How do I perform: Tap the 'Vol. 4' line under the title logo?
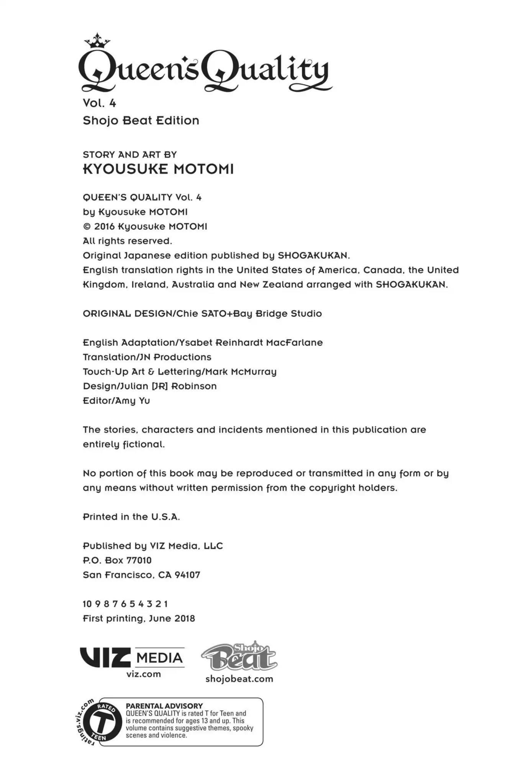[99, 103]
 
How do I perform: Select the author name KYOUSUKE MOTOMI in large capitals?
[158, 169]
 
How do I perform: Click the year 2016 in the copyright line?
[104, 227]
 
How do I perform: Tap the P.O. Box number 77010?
[139, 560]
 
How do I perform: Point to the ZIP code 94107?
[187, 575]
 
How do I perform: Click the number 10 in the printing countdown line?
[87, 604]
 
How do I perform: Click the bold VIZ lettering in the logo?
[105, 658]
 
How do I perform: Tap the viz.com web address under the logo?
[143, 674]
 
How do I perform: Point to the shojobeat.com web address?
[239, 679]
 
